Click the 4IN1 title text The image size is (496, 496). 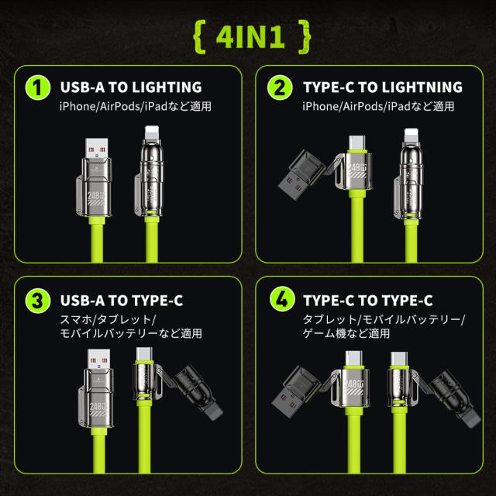[x=250, y=36]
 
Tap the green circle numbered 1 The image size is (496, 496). [x=38, y=88]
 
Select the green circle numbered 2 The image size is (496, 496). [x=280, y=88]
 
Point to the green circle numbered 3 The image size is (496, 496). [x=38, y=301]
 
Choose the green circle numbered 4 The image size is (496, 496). [x=282, y=299]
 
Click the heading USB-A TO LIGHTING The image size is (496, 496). [x=131, y=88]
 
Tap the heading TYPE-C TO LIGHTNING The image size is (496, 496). [x=383, y=88]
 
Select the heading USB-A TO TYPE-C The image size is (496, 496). [x=122, y=301]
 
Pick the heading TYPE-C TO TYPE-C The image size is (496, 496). [x=368, y=301]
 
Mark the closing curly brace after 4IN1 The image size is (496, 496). [x=305, y=36]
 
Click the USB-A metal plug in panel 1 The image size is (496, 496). [x=96, y=149]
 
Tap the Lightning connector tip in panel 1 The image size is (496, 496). [x=152, y=133]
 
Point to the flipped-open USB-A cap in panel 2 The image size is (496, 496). [x=302, y=174]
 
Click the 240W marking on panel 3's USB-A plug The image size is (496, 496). [x=96, y=406]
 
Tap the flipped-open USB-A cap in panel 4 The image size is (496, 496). [x=296, y=391]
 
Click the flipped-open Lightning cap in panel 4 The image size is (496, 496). [x=455, y=398]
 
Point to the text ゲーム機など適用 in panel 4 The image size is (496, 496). [x=346, y=333]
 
